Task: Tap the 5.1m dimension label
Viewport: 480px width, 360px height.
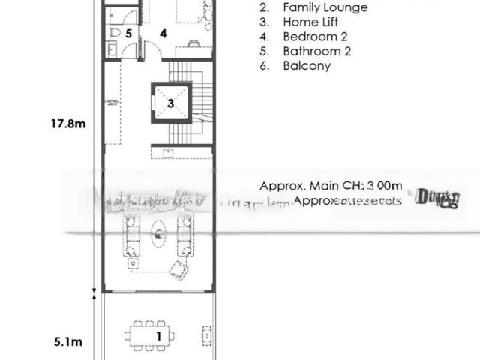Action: [x=67, y=342]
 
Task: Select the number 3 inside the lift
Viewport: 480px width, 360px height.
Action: [x=171, y=103]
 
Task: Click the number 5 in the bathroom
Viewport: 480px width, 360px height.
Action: [x=128, y=34]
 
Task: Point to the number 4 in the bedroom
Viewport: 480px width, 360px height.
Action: [x=162, y=34]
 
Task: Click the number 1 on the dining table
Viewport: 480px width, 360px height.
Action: [x=158, y=336]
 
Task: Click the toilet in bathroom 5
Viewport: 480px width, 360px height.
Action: [x=113, y=34]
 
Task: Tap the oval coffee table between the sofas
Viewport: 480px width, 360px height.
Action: [x=159, y=235]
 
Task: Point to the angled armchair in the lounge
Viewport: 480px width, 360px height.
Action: [x=179, y=268]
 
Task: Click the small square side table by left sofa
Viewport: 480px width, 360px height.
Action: [x=133, y=263]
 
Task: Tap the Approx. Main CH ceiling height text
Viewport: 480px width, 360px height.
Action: [x=330, y=185]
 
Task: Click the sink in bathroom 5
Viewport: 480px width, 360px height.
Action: [x=112, y=49]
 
